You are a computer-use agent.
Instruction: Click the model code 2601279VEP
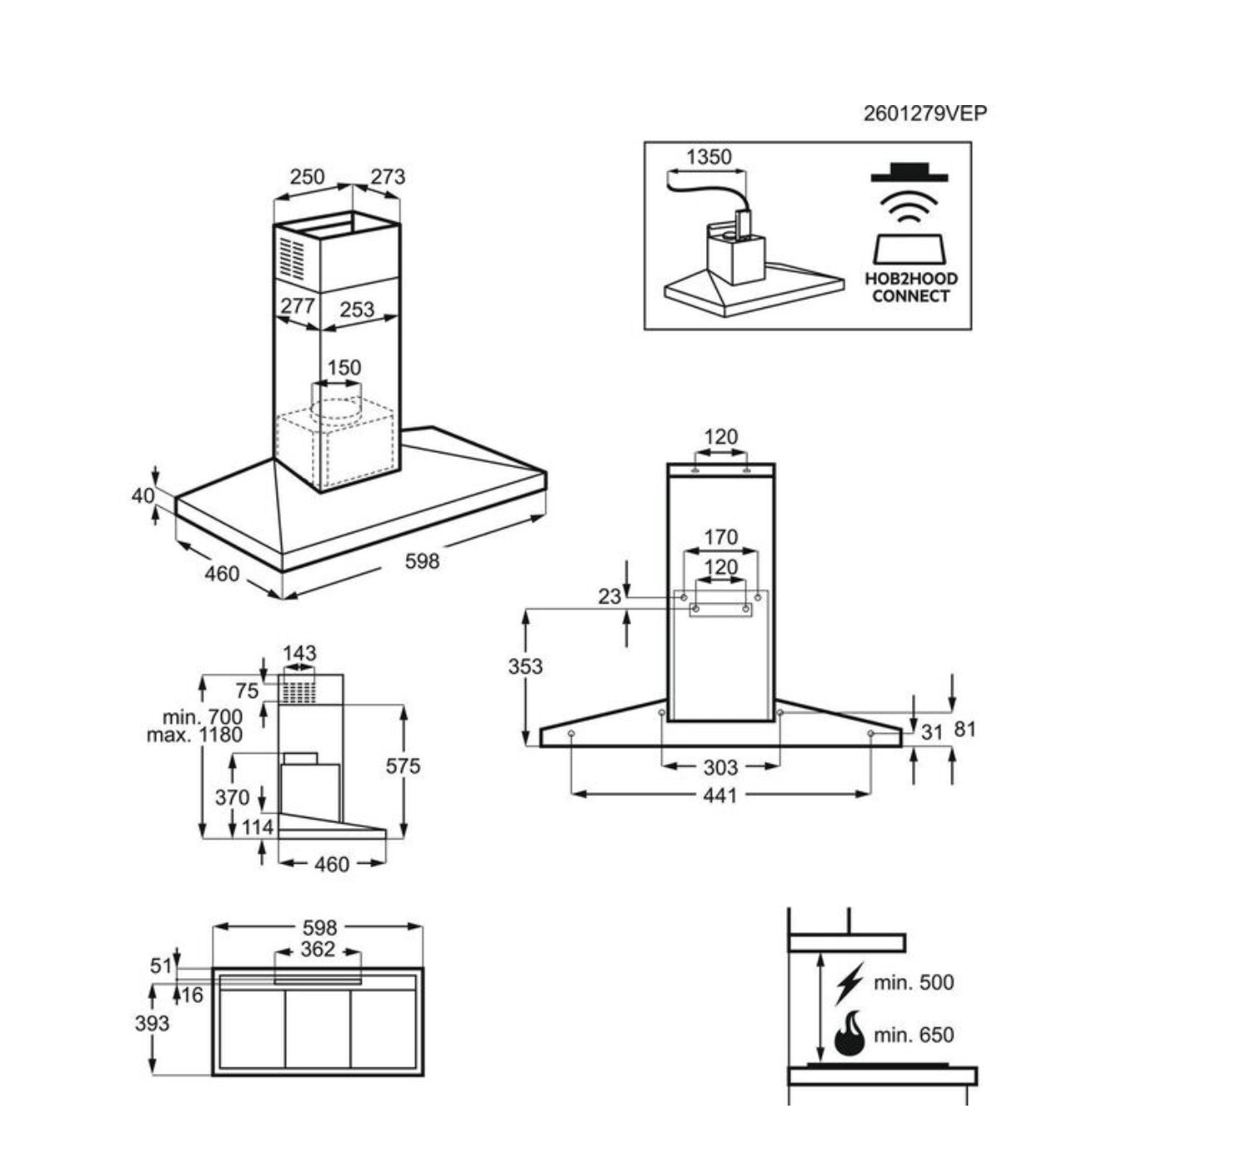(925, 113)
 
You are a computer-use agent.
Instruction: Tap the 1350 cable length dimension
(709, 157)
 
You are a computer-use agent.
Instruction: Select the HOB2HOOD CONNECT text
(911, 287)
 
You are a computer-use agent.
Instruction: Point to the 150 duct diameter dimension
(344, 368)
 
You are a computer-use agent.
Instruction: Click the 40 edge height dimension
(143, 495)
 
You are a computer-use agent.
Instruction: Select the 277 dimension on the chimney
(297, 306)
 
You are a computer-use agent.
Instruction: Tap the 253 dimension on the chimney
(357, 309)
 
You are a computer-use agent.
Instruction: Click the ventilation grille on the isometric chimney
(291, 258)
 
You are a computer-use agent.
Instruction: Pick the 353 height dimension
(525, 666)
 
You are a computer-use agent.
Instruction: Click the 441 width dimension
(720, 795)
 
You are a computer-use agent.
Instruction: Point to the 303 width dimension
(720, 767)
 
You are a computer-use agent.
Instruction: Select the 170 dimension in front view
(720, 537)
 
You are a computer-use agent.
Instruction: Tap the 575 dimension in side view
(403, 765)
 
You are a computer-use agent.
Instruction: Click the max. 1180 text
(195, 735)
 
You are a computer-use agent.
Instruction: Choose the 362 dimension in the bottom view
(318, 949)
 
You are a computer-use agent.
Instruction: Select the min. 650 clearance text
(914, 1035)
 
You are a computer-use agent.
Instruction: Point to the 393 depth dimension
(152, 1023)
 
